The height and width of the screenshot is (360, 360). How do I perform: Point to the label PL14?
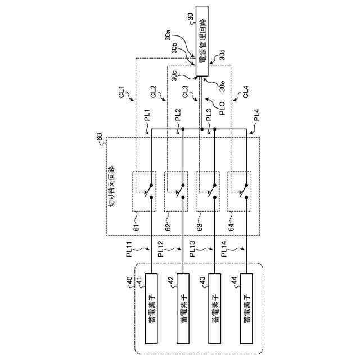tap(224, 248)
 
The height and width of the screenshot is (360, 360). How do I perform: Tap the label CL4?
tap(245, 92)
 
